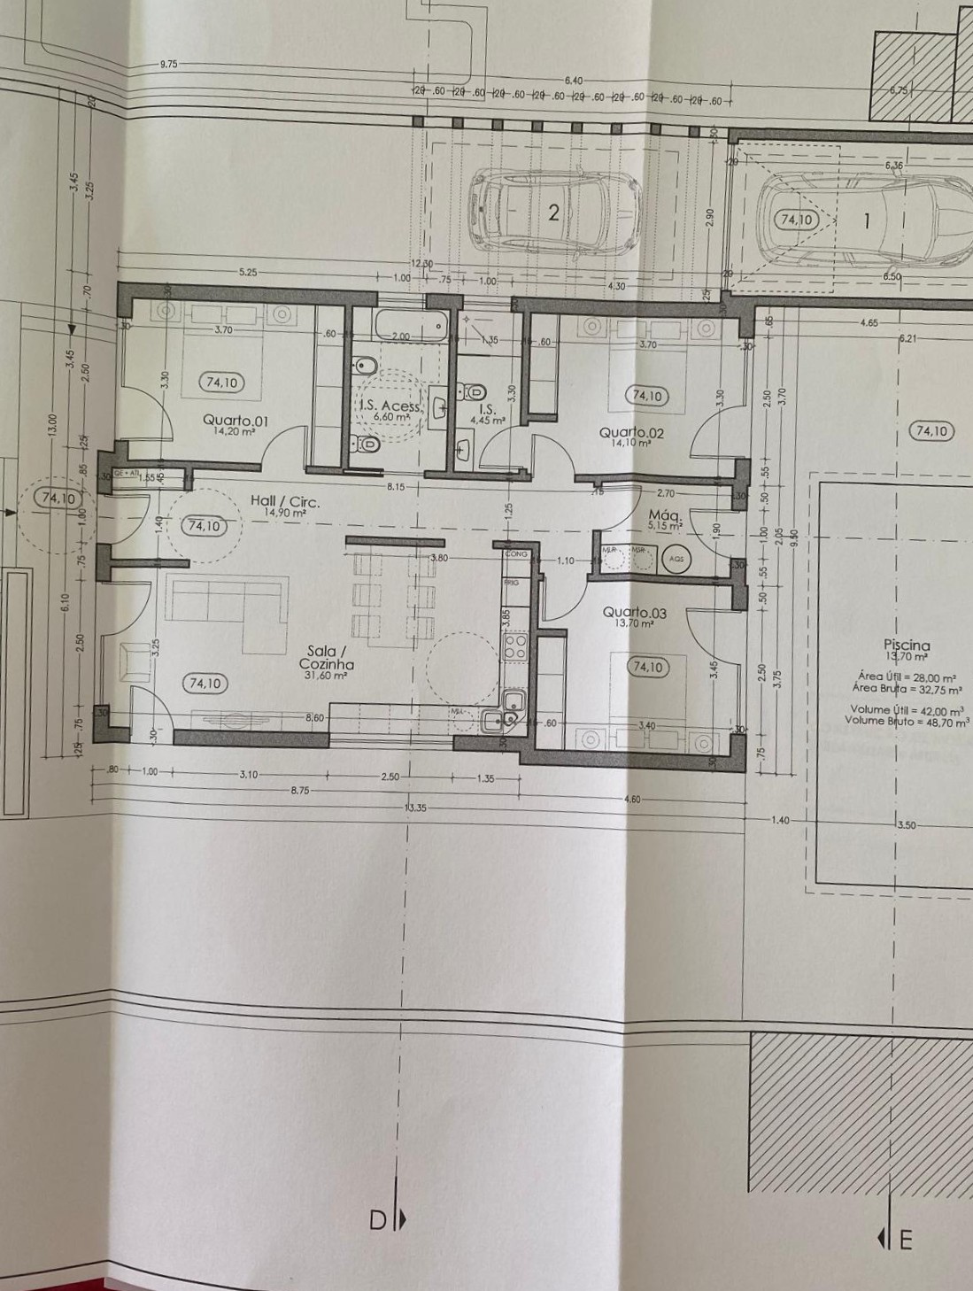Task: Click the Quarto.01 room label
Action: coord(235,421)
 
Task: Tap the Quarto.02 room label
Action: coord(631,433)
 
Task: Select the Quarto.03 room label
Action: coord(634,613)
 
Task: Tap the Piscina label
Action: coord(906,646)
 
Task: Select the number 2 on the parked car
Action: coord(554,213)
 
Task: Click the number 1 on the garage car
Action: coord(868,220)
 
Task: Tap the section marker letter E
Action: coord(905,1240)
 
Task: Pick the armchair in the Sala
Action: coord(135,661)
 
